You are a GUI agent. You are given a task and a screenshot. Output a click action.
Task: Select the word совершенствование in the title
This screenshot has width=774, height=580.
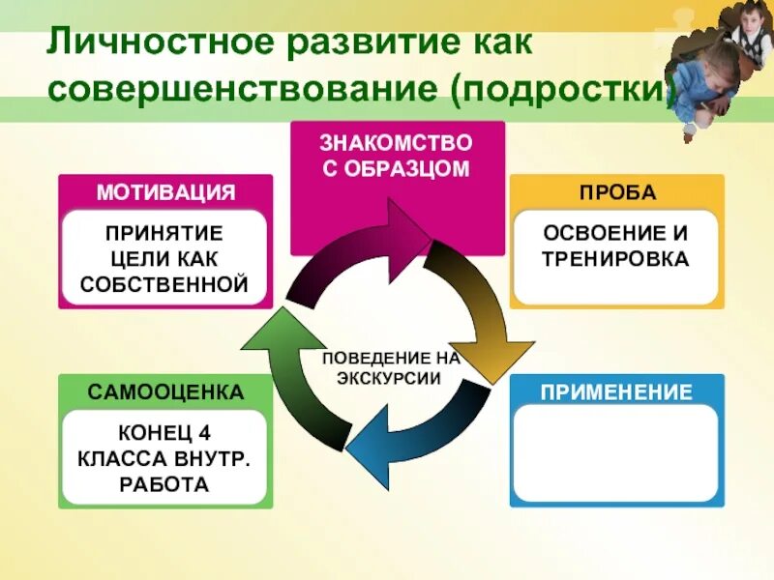coord(239,91)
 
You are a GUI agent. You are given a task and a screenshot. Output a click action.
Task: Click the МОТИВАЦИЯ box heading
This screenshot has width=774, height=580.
coord(165,191)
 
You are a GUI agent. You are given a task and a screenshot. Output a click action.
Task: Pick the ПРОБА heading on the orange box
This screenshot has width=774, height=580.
coord(617,191)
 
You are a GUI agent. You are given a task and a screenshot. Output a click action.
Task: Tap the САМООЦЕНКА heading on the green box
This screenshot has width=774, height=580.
coord(165,392)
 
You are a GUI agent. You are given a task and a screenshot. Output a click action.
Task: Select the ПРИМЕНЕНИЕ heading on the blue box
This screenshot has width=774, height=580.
coord(617,392)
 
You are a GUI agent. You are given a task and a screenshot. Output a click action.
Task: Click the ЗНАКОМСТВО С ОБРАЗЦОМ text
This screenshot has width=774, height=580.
coord(396,156)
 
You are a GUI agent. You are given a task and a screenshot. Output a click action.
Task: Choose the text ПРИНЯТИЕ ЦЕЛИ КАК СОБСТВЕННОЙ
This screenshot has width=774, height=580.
coord(165,258)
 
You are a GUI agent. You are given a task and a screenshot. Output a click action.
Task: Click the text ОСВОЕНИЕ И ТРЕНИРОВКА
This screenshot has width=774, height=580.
coord(616,246)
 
